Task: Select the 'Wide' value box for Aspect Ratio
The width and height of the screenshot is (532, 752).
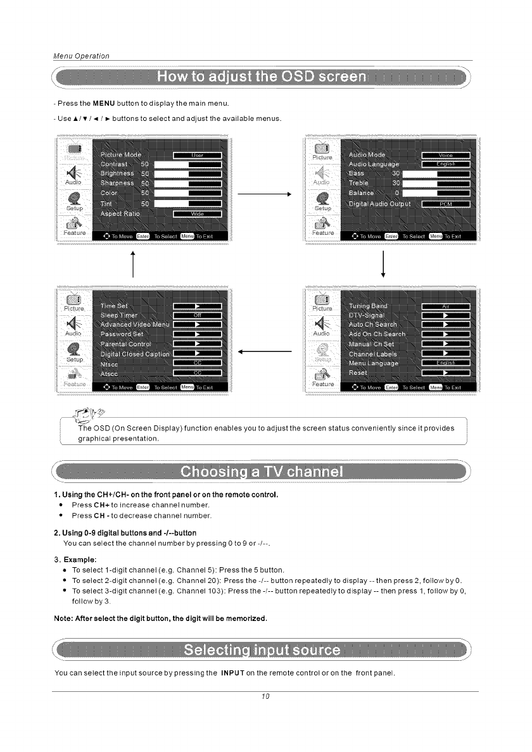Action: click(197, 214)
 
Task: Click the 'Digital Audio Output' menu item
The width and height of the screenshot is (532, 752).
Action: click(380, 204)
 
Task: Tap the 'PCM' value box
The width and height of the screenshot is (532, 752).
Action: click(445, 204)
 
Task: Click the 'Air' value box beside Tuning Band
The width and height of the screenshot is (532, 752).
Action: click(445, 306)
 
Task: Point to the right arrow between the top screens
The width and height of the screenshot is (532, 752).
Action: click(267, 195)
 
